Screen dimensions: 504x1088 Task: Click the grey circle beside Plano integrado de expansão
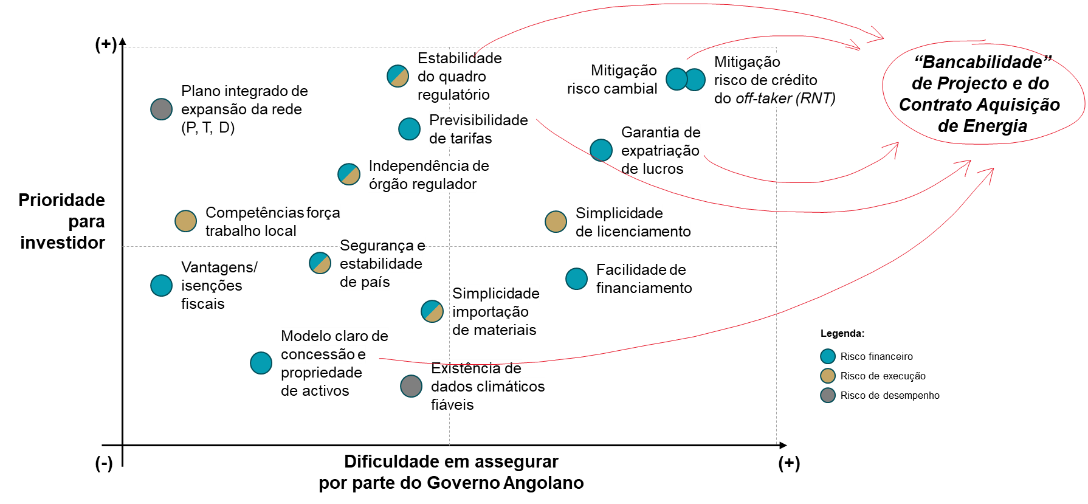(x=161, y=109)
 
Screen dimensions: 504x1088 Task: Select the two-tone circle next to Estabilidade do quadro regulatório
(x=398, y=76)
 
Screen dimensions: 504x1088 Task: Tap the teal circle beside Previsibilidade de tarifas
(x=409, y=129)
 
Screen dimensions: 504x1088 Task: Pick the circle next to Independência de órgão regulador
(x=349, y=174)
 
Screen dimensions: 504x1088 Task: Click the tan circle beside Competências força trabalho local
(x=185, y=221)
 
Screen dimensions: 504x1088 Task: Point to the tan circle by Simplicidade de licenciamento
(x=556, y=222)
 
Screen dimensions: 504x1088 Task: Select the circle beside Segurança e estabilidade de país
(x=320, y=263)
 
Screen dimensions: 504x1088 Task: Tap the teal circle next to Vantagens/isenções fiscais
(x=161, y=285)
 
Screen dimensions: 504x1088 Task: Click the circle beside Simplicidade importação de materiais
(x=432, y=311)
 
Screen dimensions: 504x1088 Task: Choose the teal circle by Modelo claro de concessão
(x=261, y=363)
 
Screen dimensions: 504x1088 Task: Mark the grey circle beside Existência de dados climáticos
(x=411, y=385)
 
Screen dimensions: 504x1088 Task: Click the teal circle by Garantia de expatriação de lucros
(x=601, y=150)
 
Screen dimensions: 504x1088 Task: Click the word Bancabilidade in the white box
(x=982, y=62)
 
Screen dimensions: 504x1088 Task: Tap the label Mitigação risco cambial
(x=612, y=80)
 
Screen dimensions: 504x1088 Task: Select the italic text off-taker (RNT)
(x=785, y=98)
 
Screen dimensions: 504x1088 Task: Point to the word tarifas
(x=469, y=139)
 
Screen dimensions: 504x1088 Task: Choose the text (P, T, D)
(x=208, y=128)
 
